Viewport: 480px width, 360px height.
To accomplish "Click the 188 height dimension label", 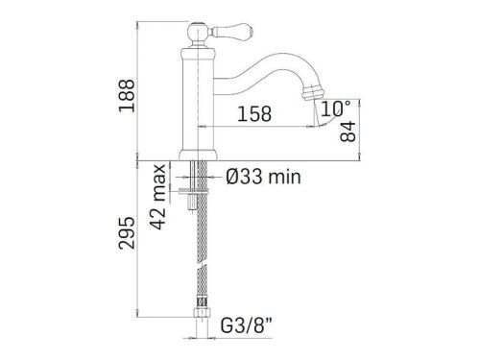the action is (127, 95).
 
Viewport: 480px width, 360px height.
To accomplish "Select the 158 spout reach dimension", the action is (254, 113).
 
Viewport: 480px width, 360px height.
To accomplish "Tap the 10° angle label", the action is (335, 108).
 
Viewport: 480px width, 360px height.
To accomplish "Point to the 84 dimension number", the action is (348, 131).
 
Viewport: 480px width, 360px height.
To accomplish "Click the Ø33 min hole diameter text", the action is (263, 177).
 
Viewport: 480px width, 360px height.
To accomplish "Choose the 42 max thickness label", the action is (159, 197).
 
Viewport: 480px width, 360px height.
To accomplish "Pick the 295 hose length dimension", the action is (127, 232).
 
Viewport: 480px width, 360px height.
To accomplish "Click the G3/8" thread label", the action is (251, 326).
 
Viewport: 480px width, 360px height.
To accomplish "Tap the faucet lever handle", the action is (231, 31).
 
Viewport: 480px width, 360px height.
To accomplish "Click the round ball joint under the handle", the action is (198, 33).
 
